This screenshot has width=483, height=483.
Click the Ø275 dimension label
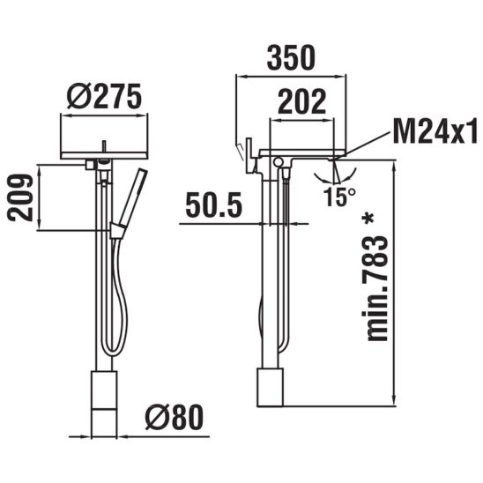(104, 96)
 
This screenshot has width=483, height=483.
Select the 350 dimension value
(291, 58)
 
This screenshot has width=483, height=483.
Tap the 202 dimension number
(301, 101)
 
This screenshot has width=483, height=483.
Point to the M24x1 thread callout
(435, 131)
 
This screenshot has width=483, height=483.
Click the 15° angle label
(339, 197)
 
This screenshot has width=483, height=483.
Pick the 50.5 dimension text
(214, 204)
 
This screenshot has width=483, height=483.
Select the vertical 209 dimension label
(20, 197)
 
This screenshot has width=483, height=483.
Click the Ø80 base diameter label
(175, 417)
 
